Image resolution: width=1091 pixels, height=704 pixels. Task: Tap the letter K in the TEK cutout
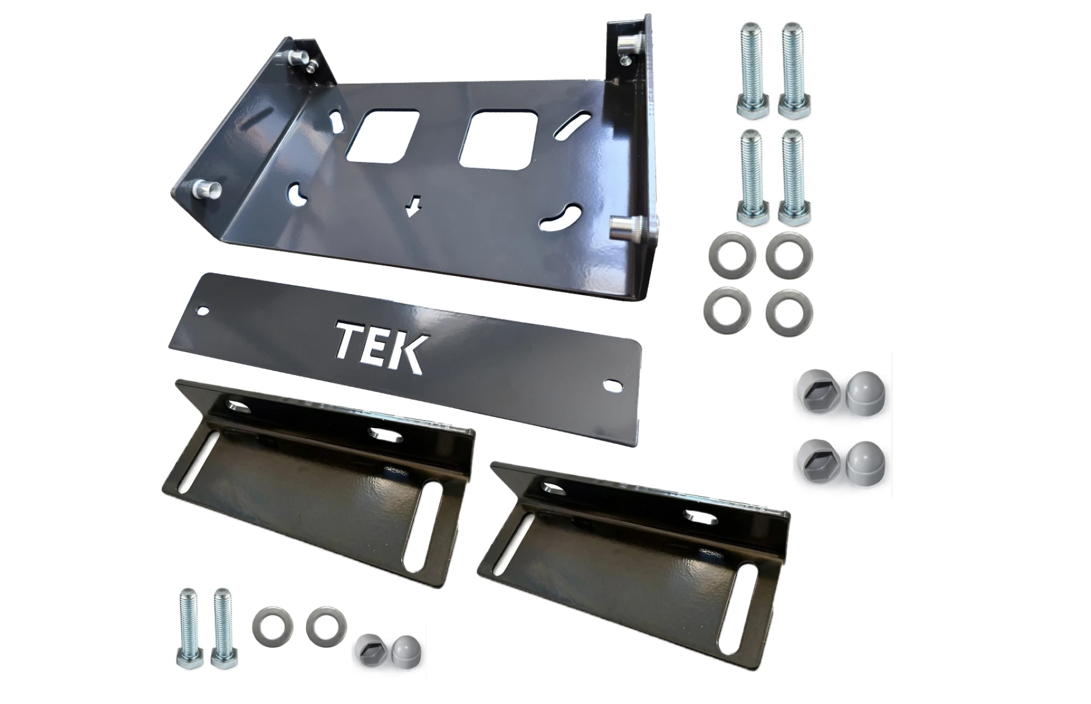pyautogui.click(x=405, y=353)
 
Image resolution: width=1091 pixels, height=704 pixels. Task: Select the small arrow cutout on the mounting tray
pyautogui.click(x=414, y=206)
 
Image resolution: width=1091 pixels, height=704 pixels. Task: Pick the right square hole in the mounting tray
pyautogui.click(x=499, y=139)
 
